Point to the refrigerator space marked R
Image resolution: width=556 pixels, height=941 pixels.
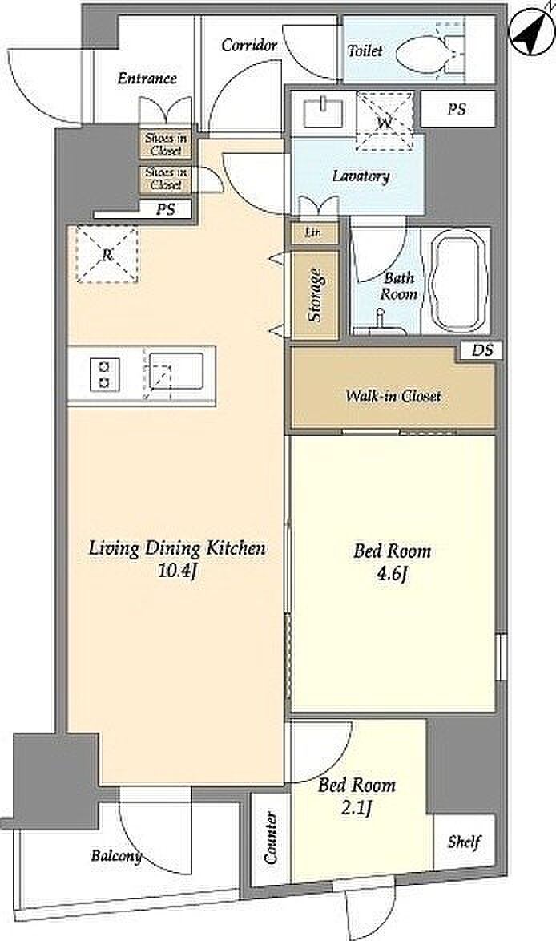click(107, 254)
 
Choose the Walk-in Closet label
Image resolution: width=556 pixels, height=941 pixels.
click(393, 396)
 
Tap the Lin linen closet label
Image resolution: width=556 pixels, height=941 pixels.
click(312, 232)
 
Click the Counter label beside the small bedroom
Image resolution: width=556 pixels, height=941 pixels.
click(271, 838)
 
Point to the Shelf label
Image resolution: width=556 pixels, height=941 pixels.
click(464, 842)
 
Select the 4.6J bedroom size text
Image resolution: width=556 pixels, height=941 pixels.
click(393, 575)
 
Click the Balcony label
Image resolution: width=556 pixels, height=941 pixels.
click(116, 855)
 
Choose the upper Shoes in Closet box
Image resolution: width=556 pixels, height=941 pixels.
click(166, 144)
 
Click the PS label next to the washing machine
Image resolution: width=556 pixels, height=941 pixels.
click(457, 109)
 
